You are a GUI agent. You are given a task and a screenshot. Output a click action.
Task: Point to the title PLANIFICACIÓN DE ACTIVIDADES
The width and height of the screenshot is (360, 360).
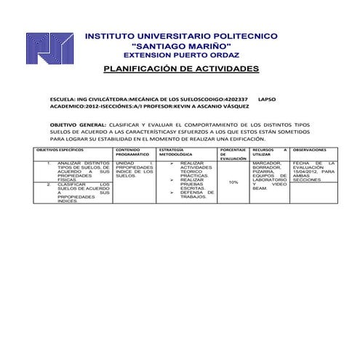pyautogui.click(x=182, y=69)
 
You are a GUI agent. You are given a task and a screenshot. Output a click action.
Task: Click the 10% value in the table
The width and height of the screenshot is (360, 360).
pyautogui.click(x=233, y=183)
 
